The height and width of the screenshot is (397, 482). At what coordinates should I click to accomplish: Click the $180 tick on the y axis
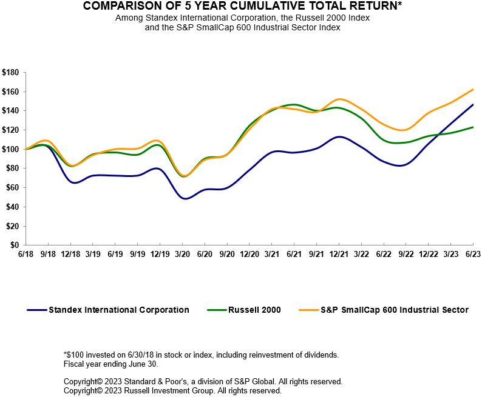click(x=10, y=72)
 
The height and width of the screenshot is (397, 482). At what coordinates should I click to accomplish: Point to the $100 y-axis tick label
click(x=10, y=149)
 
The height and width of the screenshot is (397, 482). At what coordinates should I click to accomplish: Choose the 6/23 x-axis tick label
click(x=473, y=253)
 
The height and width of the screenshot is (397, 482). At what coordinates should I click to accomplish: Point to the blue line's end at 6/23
click(x=473, y=104)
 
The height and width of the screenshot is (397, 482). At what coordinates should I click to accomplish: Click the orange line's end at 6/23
click(x=473, y=89)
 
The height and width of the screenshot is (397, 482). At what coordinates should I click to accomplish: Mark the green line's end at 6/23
click(x=473, y=127)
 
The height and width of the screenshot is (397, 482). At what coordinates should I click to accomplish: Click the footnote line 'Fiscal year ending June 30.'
click(x=110, y=364)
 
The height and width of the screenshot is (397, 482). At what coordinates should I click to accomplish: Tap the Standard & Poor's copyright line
click(x=203, y=381)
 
